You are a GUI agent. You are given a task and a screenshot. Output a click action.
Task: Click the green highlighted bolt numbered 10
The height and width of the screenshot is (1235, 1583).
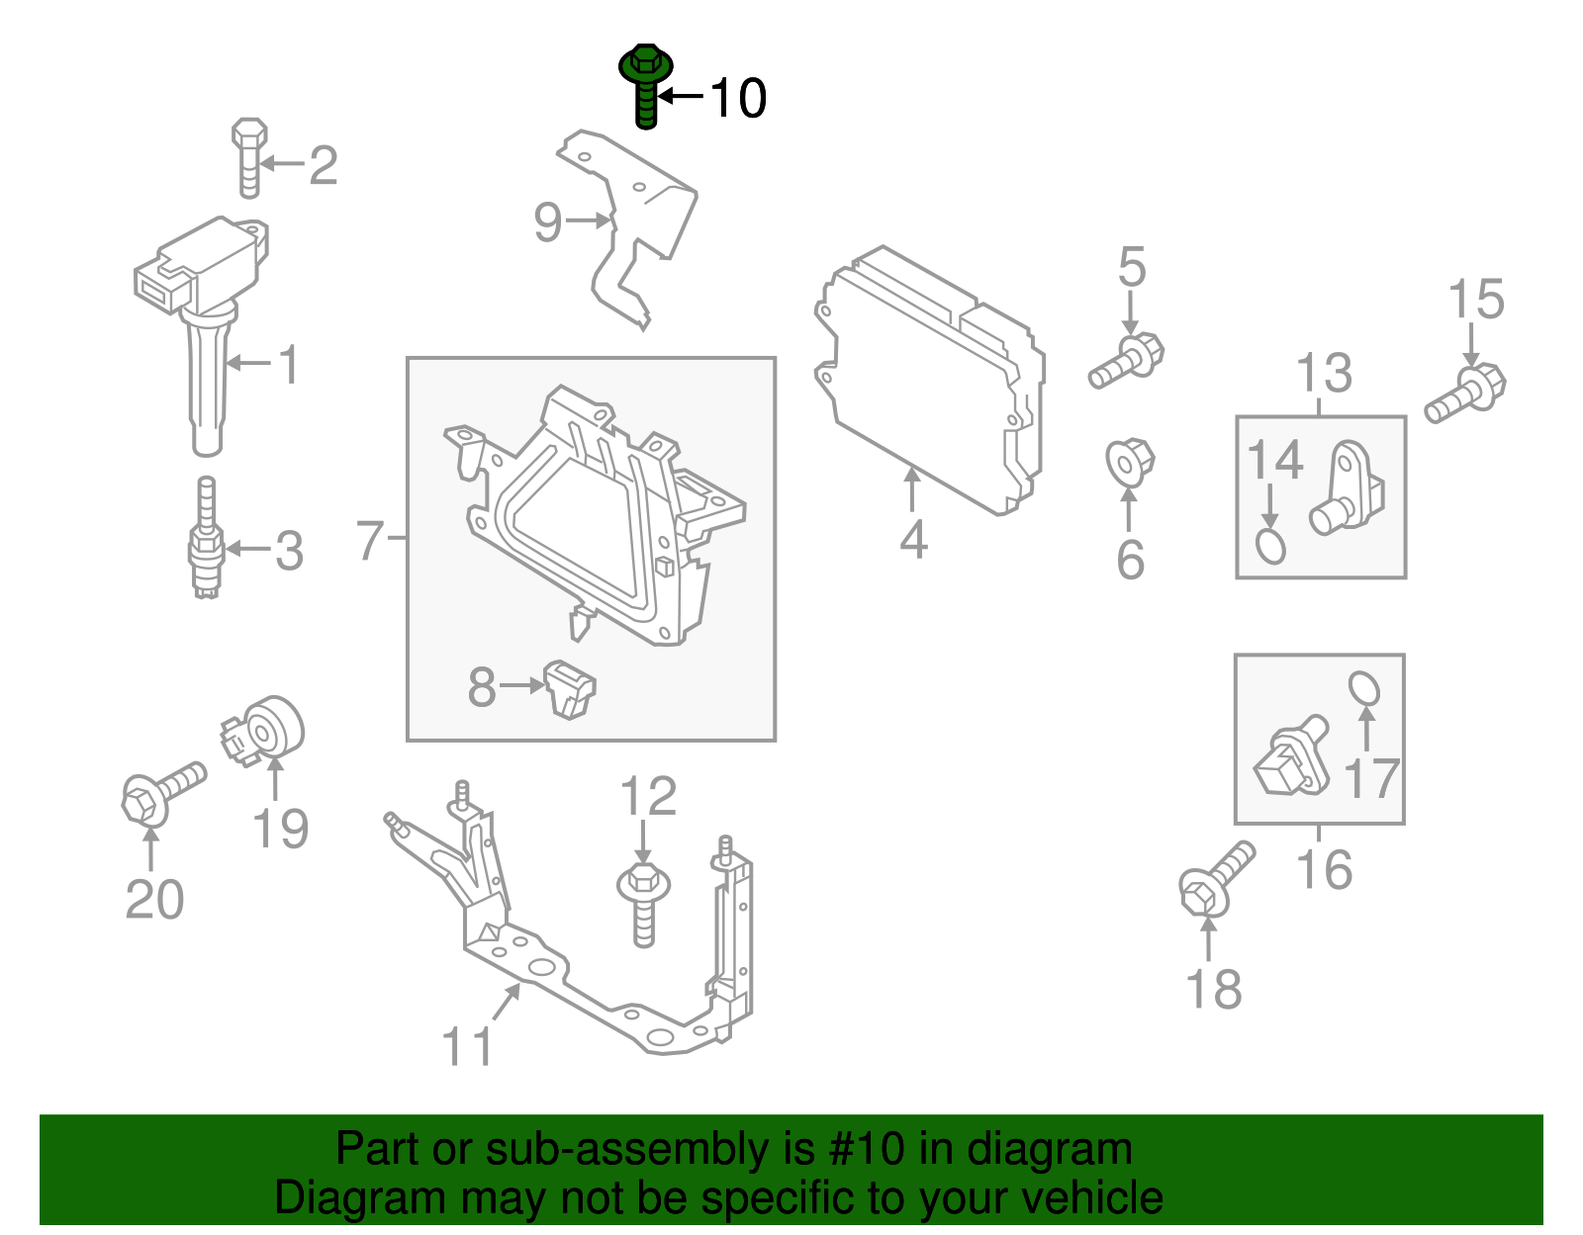click(x=645, y=86)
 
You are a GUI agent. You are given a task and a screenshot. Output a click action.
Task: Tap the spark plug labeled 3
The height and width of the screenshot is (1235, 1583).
click(x=207, y=538)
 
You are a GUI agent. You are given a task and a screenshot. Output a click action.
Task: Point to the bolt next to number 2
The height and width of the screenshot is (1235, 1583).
click(x=249, y=158)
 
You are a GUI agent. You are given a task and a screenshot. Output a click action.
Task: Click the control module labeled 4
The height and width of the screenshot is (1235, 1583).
click(x=930, y=381)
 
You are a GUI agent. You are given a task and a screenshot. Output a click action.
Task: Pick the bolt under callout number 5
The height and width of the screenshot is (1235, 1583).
click(x=1126, y=361)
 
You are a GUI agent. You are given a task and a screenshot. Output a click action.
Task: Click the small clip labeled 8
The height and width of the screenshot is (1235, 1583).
click(x=570, y=689)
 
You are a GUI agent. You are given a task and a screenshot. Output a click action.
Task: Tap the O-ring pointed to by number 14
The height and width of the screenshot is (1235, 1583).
click(x=1270, y=547)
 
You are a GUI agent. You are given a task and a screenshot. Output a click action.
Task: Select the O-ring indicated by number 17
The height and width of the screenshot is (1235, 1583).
click(x=1363, y=688)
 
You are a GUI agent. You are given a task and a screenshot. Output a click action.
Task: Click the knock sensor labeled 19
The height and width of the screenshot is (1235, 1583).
click(x=263, y=731)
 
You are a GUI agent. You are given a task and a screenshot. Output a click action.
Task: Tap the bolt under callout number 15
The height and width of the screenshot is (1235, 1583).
click(x=1465, y=394)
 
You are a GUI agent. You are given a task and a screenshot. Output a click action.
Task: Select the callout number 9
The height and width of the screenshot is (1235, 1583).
click(x=548, y=221)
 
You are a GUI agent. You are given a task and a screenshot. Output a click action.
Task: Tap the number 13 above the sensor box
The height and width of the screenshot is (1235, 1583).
click(x=1324, y=373)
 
